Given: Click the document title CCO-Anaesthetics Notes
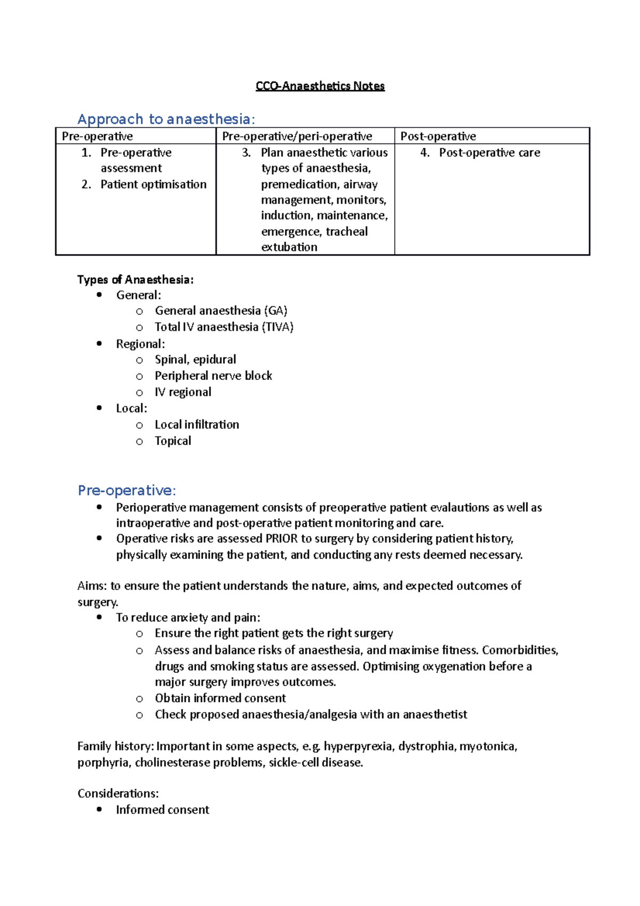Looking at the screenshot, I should pyautogui.click(x=320, y=86).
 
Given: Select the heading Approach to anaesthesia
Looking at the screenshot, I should pyautogui.click(x=166, y=119).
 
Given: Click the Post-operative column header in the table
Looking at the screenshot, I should pyautogui.click(x=438, y=136).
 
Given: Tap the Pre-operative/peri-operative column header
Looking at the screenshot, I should pyautogui.click(x=297, y=136).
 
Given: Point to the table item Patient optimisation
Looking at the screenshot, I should pyautogui.click(x=153, y=184).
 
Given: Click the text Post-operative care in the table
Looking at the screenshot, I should pyautogui.click(x=489, y=153).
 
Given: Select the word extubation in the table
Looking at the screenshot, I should pyautogui.click(x=289, y=247).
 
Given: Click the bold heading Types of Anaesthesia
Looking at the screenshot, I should pyautogui.click(x=135, y=280).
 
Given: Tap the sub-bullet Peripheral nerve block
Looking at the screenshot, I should pyautogui.click(x=213, y=376).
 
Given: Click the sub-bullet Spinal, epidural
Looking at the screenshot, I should pyautogui.click(x=195, y=359).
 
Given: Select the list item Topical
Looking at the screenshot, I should pyautogui.click(x=173, y=441).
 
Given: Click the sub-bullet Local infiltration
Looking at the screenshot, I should pyautogui.click(x=197, y=424).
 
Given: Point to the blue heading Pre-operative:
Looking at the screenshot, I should pyautogui.click(x=126, y=490).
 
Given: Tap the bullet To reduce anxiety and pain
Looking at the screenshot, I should pyautogui.click(x=188, y=617).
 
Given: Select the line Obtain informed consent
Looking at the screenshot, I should pyautogui.click(x=220, y=698).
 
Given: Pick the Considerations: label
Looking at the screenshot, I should pyautogui.click(x=118, y=793).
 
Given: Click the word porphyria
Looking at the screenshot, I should pyautogui.click(x=103, y=762).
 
